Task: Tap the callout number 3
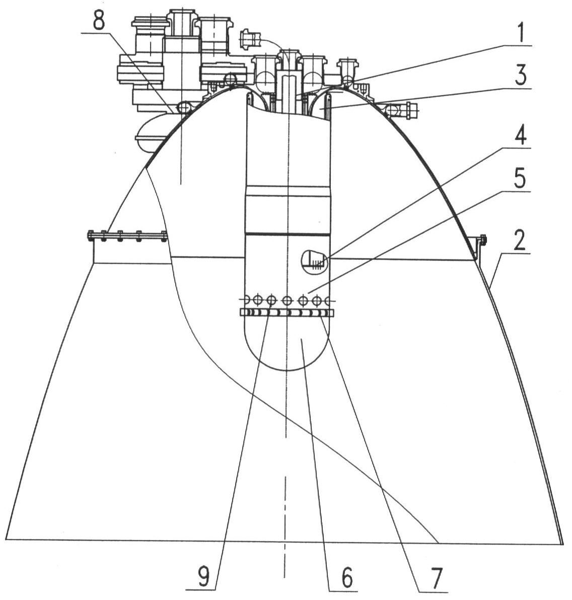[x=521, y=77]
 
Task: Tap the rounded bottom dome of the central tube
[x=287, y=347]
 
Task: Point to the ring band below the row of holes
[x=287, y=313]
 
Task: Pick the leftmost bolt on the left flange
[x=91, y=235]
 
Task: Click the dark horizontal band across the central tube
[x=287, y=233]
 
